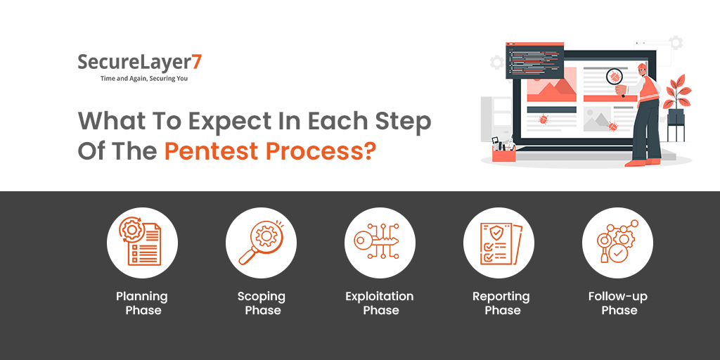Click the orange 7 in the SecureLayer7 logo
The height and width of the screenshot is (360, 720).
point(196,62)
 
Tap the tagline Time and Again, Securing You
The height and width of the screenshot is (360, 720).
point(144,79)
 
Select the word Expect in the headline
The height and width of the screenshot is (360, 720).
point(236,122)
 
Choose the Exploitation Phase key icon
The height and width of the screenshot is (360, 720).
point(377,242)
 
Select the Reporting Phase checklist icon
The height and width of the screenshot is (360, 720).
point(501,243)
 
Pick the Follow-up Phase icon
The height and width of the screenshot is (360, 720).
point(617,242)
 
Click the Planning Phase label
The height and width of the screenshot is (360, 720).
point(142,303)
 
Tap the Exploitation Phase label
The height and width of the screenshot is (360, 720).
point(380,303)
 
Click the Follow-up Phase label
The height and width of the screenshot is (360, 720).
point(618,303)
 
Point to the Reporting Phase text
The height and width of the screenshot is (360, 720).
point(501,303)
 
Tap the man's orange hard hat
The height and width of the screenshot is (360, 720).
point(641,67)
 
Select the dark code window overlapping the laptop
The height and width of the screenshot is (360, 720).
point(534,60)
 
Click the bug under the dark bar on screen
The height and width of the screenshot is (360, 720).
point(544,120)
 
